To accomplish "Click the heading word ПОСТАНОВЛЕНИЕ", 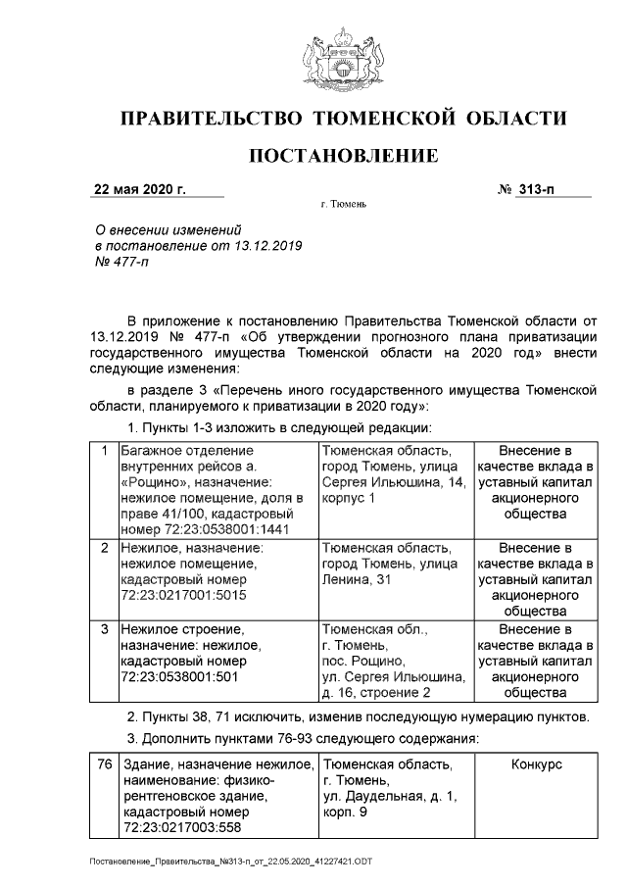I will pyautogui.click(x=343, y=156).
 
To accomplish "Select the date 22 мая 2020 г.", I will pyautogui.click(x=138, y=188).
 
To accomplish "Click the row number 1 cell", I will pyautogui.click(x=104, y=451).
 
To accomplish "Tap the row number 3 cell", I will pyautogui.click(x=104, y=628).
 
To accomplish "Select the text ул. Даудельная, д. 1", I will pyautogui.click(x=389, y=797).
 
